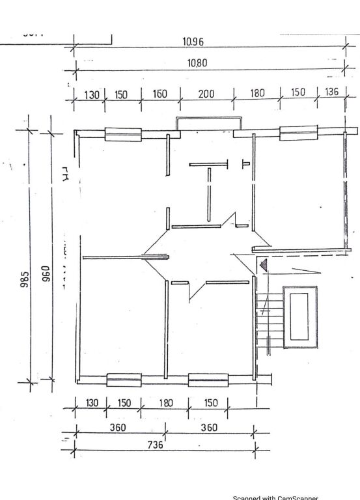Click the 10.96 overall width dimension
(x=193, y=42)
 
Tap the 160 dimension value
(x=159, y=94)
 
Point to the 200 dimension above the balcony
(x=206, y=94)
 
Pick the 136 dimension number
(x=331, y=92)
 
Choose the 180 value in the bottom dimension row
(x=166, y=403)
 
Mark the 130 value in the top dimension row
(x=92, y=95)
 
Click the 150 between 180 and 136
(x=298, y=92)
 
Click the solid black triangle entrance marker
(x=264, y=264)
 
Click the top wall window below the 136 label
(x=298, y=133)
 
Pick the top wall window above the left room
(x=123, y=134)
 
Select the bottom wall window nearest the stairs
(x=208, y=379)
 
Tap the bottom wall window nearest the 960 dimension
(x=124, y=379)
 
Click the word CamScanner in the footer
(x=298, y=498)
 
